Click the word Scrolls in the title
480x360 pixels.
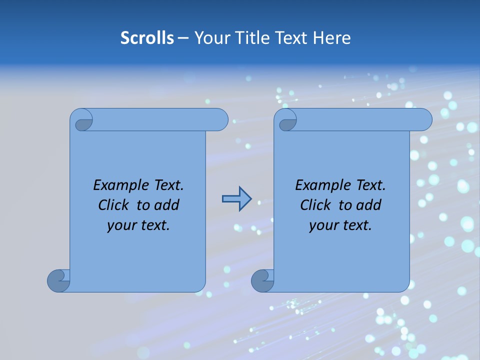click(147, 37)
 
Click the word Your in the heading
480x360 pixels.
click(210, 37)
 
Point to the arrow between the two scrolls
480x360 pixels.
click(236, 199)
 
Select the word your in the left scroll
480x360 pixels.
click(120, 225)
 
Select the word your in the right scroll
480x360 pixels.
click(322, 225)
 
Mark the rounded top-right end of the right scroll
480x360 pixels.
click(424, 119)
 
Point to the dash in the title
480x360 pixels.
click(183, 37)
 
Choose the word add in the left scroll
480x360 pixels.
click(166, 205)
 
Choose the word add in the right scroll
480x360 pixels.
click(368, 205)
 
